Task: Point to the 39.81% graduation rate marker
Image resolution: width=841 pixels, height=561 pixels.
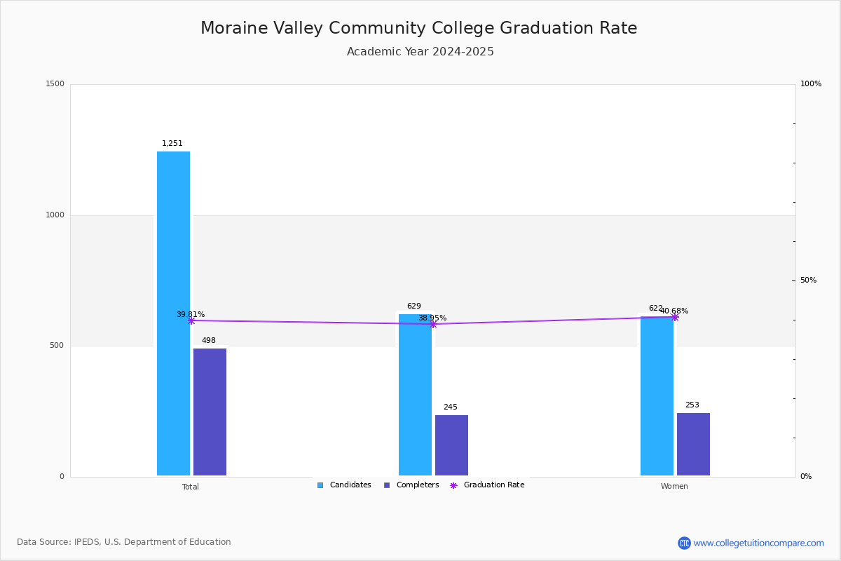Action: coord(191,320)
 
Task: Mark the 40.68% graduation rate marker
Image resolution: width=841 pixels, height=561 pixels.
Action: coord(675,317)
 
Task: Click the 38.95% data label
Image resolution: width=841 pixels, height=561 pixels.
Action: coord(432,318)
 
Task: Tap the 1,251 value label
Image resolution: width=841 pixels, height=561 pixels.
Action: coord(172,144)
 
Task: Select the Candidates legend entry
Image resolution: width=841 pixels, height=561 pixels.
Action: coord(344,485)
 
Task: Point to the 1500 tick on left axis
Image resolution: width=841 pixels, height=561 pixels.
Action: coord(55,84)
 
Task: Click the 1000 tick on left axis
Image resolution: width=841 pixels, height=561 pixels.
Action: coord(55,215)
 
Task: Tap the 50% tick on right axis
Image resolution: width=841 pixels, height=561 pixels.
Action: coord(808,280)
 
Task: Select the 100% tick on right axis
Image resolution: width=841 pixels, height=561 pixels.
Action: coord(810,84)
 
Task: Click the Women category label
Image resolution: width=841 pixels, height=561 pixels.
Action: coord(674,487)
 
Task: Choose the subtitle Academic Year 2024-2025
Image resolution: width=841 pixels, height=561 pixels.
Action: coord(420,52)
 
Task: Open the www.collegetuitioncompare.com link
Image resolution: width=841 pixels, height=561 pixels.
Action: coord(758,543)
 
